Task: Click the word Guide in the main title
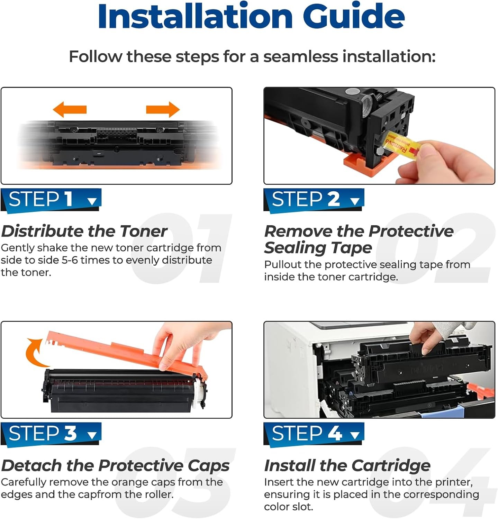(x=353, y=16)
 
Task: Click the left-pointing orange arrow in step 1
(x=70, y=109)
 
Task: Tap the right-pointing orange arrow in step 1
(x=163, y=109)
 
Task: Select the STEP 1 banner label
(x=51, y=200)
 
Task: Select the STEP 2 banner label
(x=314, y=200)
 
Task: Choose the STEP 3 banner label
(x=51, y=434)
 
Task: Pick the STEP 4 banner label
(x=314, y=434)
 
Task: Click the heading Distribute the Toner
(x=84, y=231)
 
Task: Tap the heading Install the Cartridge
(x=347, y=465)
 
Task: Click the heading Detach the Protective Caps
(x=115, y=465)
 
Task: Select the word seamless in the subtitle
(x=300, y=56)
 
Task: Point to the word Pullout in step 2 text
(x=283, y=265)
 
